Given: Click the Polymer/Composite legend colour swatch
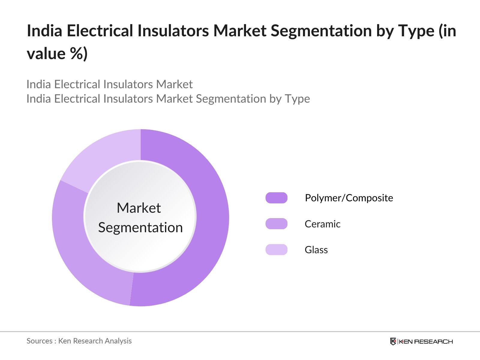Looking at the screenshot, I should point(276,198).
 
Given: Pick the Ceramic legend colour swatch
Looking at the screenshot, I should point(276,224).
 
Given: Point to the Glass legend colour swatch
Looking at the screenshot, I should point(276,250).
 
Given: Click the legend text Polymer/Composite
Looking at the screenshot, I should point(349,198).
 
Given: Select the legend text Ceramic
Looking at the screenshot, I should point(322,224).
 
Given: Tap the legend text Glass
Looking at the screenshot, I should point(316,250).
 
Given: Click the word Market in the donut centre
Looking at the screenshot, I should point(139,208).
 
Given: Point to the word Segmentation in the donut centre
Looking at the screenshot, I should point(140,227).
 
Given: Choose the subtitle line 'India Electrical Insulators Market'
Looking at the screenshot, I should point(109,84).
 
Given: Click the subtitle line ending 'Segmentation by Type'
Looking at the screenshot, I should point(168,99).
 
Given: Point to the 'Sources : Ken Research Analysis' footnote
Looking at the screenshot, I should point(79,341).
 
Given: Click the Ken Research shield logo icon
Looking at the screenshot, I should point(393,341).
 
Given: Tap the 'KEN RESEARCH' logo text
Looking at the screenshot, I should point(426,341).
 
